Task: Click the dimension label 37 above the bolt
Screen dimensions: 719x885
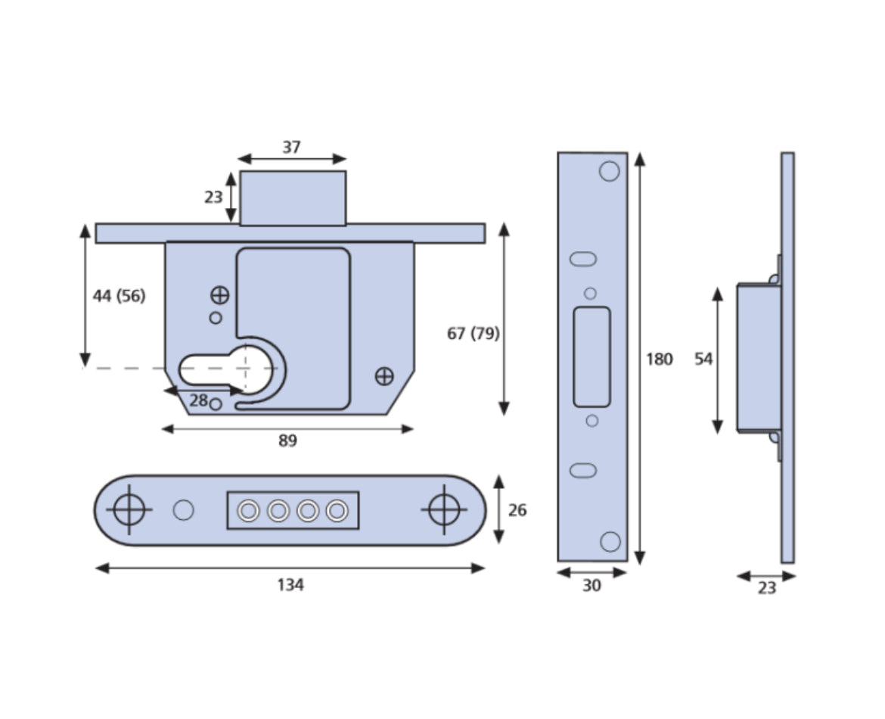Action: coord(291,148)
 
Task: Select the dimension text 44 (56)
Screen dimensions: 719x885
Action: coord(119,296)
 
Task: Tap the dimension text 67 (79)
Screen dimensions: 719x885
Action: coord(473,333)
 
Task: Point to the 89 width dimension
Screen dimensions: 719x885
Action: coord(287,441)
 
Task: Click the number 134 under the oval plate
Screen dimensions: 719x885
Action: coord(290,585)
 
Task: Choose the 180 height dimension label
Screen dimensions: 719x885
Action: coord(659,359)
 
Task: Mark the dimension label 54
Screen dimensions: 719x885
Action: coord(703,359)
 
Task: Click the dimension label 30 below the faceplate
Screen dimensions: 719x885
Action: coord(592,586)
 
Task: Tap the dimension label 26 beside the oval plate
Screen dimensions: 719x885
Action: coord(517,511)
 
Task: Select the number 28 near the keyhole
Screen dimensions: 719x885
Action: coord(198,401)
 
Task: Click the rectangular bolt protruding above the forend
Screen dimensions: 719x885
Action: coord(293,198)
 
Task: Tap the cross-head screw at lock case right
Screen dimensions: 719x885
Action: coord(384,375)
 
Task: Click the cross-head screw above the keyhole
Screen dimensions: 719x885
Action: coord(219,295)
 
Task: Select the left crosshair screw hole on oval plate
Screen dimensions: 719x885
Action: coord(129,509)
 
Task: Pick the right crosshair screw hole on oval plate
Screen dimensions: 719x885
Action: coord(443,509)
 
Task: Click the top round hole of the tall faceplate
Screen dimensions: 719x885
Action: coord(609,172)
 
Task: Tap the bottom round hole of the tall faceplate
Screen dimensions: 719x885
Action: coord(610,541)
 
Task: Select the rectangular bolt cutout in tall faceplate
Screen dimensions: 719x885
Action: coord(592,357)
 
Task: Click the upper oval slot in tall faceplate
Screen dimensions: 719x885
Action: coord(583,259)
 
